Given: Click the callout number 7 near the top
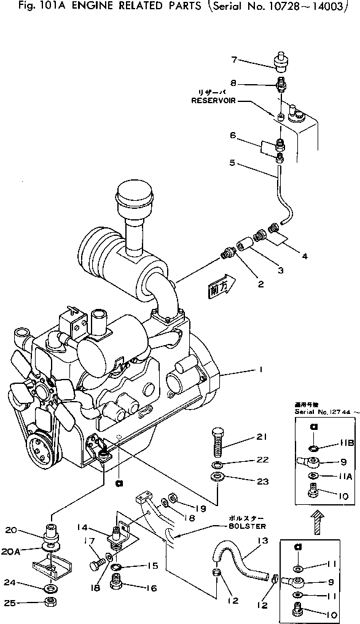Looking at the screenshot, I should tap(234, 60).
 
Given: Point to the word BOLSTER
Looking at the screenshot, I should tap(246, 526).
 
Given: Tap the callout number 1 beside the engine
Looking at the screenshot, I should tap(260, 370).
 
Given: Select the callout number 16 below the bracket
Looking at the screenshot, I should tap(151, 588).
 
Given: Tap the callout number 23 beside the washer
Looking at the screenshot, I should tap(263, 482).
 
